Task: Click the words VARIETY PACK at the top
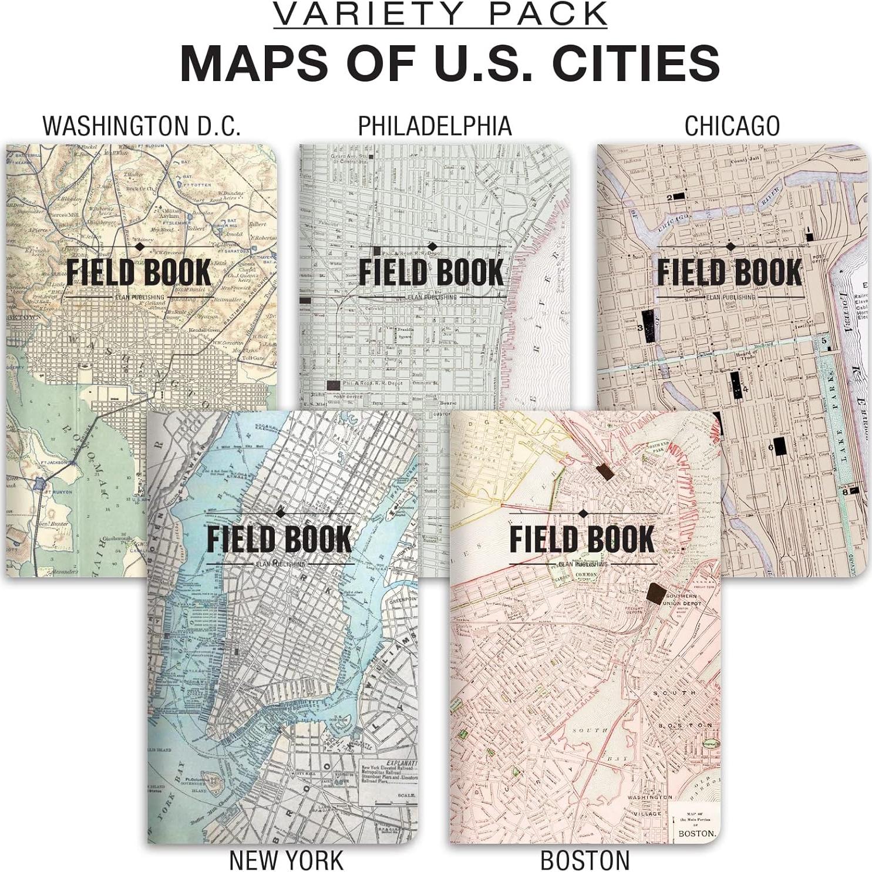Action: (440, 15)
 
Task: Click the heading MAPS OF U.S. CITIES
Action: (449, 62)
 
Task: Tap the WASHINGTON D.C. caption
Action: (142, 126)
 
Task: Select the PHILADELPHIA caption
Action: (435, 126)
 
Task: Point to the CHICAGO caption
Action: (732, 126)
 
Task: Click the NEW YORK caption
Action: (286, 860)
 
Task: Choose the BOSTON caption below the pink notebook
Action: (585, 860)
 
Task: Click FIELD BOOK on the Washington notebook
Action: (139, 272)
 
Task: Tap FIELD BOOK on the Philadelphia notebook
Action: (432, 272)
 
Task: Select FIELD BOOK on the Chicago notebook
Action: (729, 272)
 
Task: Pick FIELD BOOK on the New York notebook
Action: (279, 539)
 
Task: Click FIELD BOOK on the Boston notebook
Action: (582, 539)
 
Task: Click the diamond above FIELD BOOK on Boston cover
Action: (583, 514)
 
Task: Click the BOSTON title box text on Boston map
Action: (697, 833)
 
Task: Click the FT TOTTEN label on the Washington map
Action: (196, 183)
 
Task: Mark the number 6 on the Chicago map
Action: (770, 447)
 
